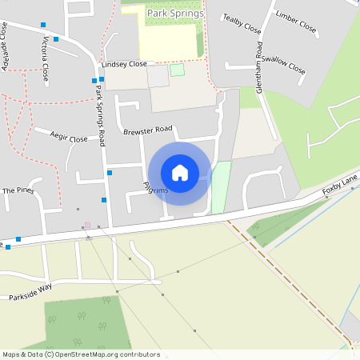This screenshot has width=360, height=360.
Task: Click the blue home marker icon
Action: click(x=179, y=173)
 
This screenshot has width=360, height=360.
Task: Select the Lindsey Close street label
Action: click(x=124, y=63)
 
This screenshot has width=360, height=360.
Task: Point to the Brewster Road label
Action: click(x=147, y=129)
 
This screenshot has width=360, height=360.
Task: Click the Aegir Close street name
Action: click(x=68, y=138)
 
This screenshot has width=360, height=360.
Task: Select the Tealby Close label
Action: click(x=242, y=25)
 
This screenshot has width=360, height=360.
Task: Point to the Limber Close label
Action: click(x=295, y=22)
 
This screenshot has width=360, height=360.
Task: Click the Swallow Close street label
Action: click(x=284, y=65)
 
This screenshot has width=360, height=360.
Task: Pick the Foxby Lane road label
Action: click(x=337, y=189)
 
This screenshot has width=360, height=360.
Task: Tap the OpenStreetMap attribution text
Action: click(x=81, y=354)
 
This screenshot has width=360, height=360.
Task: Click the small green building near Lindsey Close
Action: click(x=177, y=70)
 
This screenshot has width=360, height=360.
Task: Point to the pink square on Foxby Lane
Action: click(x=87, y=226)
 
